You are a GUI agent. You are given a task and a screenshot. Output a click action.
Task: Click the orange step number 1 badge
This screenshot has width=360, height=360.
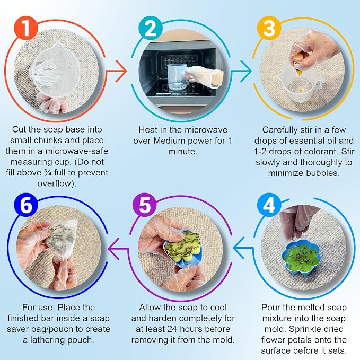point(25,28)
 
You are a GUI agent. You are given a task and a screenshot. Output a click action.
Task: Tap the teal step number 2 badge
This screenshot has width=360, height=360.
point(151,28)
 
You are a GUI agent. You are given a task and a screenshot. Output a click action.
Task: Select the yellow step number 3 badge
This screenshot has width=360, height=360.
point(269,28)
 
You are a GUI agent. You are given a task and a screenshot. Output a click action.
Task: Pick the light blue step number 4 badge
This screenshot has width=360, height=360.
point(269,205)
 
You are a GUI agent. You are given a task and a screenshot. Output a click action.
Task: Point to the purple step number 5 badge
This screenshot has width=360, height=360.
point(145,205)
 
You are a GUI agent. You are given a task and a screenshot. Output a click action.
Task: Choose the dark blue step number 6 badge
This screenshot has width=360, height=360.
point(26,205)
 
